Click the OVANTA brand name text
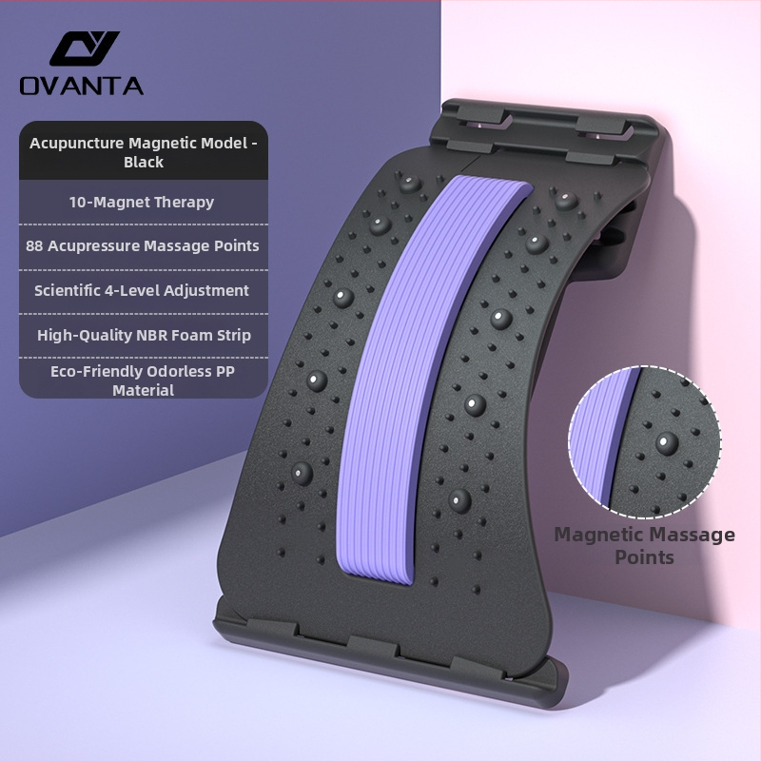coord(82,86)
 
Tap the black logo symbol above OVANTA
coord(84,49)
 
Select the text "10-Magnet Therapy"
coord(141,202)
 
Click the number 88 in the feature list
coord(34,245)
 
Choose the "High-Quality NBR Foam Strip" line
coord(144,335)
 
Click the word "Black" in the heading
coord(144,162)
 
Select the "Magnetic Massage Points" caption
coord(644,545)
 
